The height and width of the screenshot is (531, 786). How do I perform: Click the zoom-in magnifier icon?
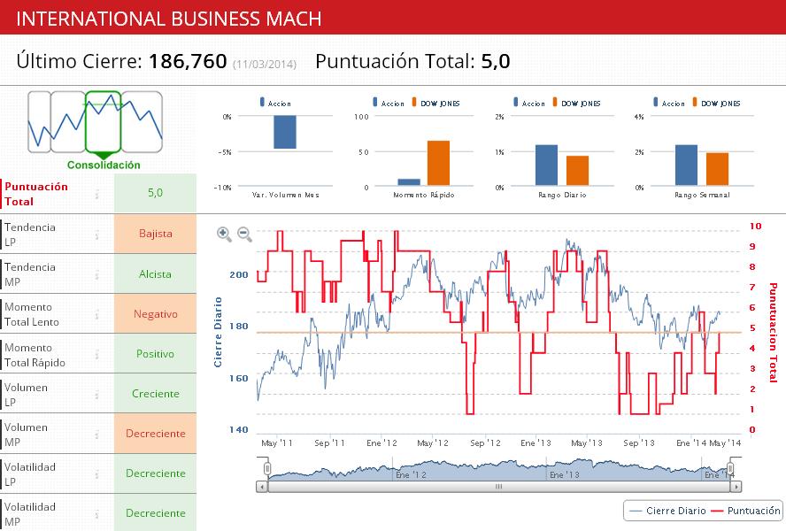click(x=224, y=234)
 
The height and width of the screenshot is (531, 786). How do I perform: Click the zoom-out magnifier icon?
click(x=244, y=234)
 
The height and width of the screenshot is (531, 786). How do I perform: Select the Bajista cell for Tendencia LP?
click(x=155, y=235)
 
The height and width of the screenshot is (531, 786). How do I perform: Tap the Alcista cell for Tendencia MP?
click(x=155, y=274)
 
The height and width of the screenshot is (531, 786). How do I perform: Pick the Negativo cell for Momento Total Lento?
click(x=155, y=314)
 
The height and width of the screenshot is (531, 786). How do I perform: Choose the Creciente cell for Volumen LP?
click(x=155, y=394)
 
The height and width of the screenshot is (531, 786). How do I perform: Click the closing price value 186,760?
click(x=188, y=61)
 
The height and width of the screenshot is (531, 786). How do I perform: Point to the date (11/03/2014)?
click(x=264, y=64)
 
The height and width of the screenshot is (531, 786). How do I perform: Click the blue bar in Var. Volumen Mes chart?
click(x=284, y=132)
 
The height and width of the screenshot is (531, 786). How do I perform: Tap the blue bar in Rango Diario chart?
click(x=546, y=165)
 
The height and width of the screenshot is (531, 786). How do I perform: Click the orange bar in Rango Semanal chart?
click(x=717, y=170)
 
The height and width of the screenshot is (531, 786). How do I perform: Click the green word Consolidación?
click(x=104, y=165)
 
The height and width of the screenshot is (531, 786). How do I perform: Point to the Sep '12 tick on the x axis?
click(x=485, y=442)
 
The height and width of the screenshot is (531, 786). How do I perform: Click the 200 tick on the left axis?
click(x=239, y=274)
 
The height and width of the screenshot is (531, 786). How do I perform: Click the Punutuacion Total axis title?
click(x=772, y=333)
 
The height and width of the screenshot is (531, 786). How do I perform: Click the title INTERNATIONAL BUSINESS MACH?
click(x=169, y=19)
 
